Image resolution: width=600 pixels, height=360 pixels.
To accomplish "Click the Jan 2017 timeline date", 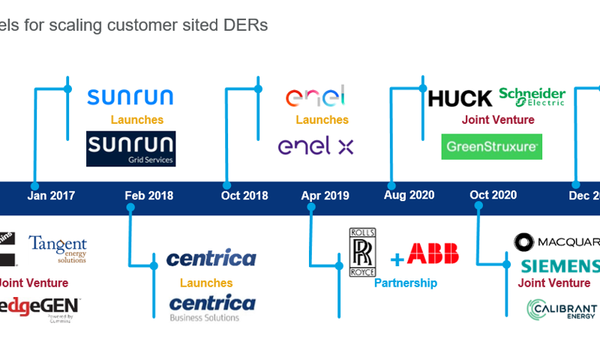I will pos(51,196).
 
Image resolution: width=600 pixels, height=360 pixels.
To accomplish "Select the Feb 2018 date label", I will pos(148,196).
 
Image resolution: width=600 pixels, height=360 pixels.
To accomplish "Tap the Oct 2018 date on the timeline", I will pos(244,196).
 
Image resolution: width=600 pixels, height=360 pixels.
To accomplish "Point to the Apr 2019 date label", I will pos(325,196).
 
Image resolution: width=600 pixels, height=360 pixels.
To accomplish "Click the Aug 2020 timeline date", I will pos(409,195).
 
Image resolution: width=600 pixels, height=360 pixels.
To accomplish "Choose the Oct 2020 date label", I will pos(493,195).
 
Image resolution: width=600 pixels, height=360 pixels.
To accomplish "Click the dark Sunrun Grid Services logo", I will pos(131,148).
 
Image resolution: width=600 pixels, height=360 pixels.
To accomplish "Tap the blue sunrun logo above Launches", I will pos(130,97).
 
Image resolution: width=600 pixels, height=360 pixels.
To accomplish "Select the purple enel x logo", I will pos(316,146).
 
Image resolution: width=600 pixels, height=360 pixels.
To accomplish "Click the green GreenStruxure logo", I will pos(491,147).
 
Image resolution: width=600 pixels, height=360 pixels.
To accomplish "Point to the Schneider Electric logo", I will pos(532,97).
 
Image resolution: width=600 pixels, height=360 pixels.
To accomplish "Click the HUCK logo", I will pos(460,98).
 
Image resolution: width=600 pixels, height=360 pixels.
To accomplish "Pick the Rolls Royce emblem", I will pos(362,252).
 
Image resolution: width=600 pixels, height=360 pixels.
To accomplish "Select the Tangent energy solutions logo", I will pos(58,250).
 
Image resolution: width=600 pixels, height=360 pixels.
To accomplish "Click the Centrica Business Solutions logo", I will pos(212,307).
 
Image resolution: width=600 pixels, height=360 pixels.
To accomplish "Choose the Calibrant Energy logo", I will pos(562,309).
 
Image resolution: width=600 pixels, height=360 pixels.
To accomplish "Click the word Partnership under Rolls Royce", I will pos(406,283).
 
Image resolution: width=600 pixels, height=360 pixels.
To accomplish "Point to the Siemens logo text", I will pos(560,266).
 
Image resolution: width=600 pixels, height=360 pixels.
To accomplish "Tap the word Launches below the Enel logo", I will pos(322,120).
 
